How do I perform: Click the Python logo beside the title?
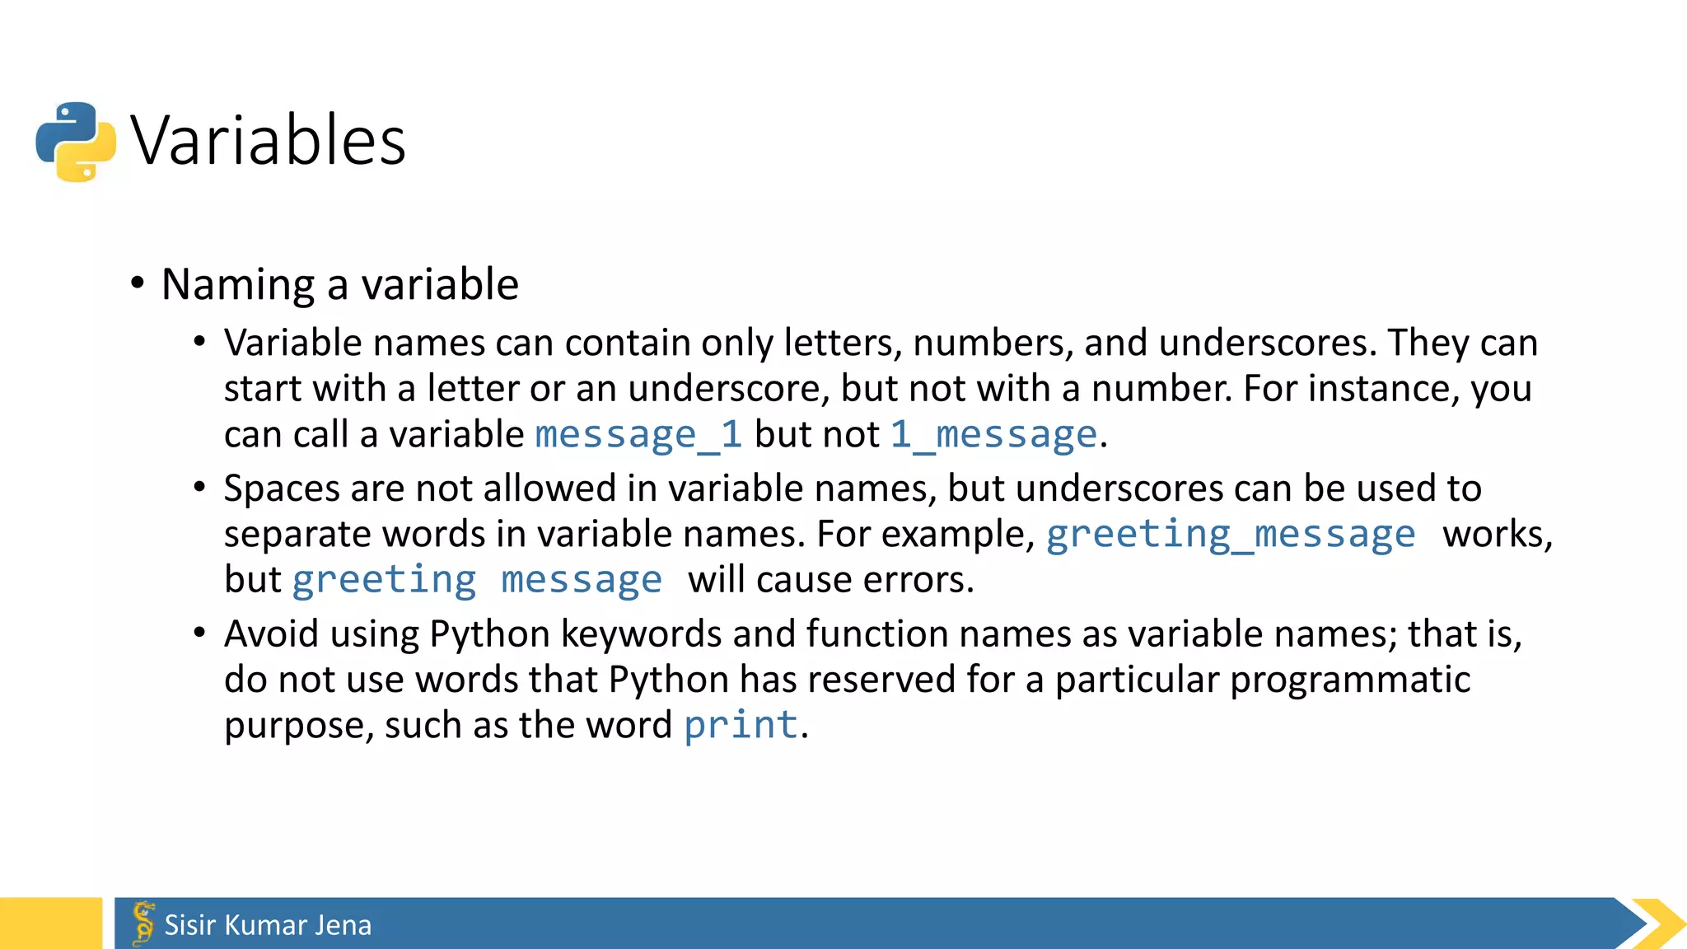76,142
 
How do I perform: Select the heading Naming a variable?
340,285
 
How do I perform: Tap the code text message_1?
638,435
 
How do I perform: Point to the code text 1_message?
993,435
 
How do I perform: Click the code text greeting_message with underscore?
1231,535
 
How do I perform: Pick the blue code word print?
741,726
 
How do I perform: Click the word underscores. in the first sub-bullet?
1268,344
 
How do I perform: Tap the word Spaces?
281,489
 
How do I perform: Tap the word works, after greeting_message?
1497,535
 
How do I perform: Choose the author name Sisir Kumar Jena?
268,925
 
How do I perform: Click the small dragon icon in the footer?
143,923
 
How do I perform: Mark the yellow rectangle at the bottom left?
50,923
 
